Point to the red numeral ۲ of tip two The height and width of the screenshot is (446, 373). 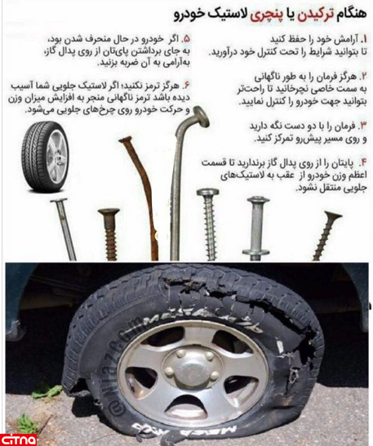(364, 77)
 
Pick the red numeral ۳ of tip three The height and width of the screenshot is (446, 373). (364, 126)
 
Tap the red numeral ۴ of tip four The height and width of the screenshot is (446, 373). (363, 163)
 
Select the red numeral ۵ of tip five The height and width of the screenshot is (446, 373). (186, 39)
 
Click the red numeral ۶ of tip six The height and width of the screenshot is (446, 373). (186, 85)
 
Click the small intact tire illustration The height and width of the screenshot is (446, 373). (45, 156)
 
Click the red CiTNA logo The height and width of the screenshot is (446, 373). (18, 439)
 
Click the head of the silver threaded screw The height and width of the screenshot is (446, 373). (208, 193)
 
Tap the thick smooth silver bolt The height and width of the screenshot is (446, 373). (256, 229)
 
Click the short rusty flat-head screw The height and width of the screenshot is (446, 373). (109, 234)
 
